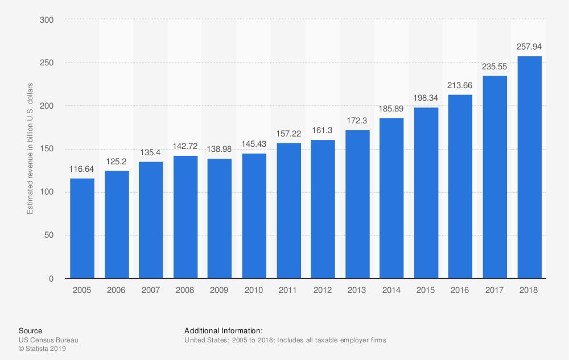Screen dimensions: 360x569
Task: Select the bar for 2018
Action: pyautogui.click(x=529, y=167)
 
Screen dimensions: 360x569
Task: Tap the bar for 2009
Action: pyautogui.click(x=220, y=218)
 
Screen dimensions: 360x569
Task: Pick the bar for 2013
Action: pyautogui.click(x=357, y=204)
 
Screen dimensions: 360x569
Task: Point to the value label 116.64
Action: pyautogui.click(x=83, y=169)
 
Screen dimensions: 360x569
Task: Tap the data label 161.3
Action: pyautogui.click(x=323, y=130)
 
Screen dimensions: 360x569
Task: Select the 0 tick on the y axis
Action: pyautogui.click(x=51, y=279)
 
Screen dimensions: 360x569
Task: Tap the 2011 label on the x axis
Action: pyautogui.click(x=288, y=290)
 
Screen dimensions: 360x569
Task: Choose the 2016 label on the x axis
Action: pyautogui.click(x=460, y=290)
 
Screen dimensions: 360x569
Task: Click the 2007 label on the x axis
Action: pyautogui.click(x=151, y=290)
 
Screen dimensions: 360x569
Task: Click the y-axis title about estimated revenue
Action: pyautogui.click(x=30, y=149)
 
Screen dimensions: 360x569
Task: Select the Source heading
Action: pyautogui.click(x=30, y=330)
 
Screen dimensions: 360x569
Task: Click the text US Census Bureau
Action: pyautogui.click(x=48, y=340)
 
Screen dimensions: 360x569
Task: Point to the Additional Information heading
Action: pyautogui.click(x=224, y=330)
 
